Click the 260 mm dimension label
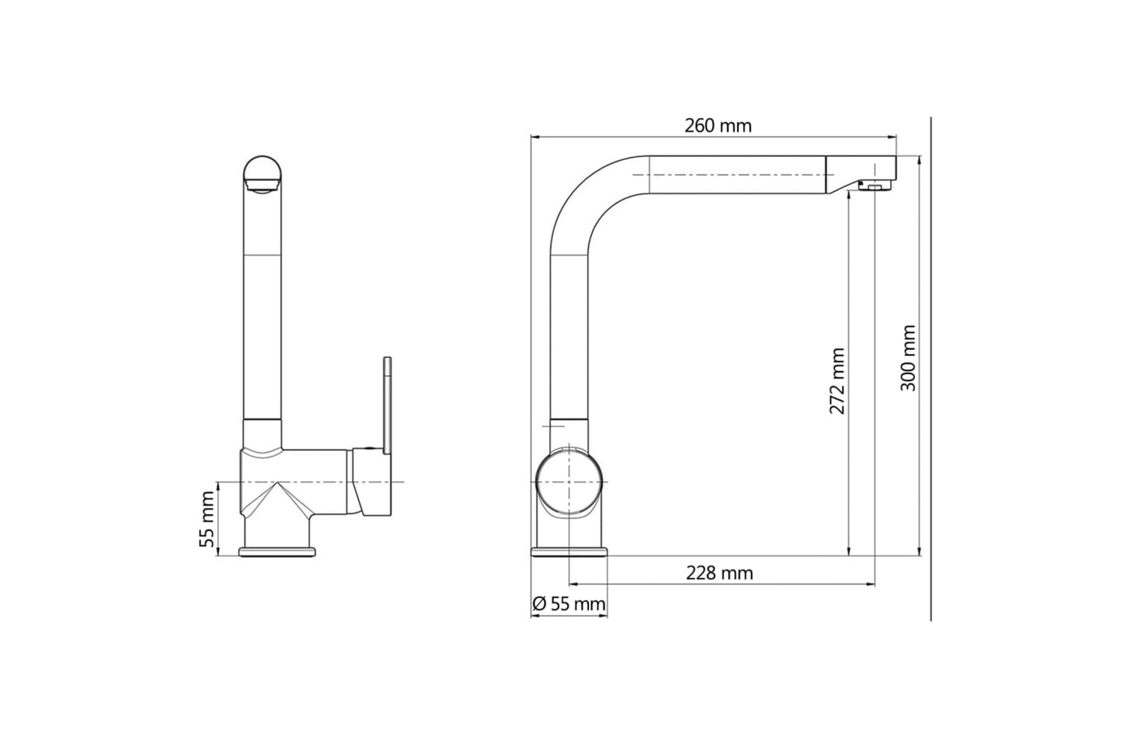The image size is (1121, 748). click(x=717, y=126)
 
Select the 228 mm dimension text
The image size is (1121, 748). click(x=719, y=573)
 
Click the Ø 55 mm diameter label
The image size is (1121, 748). click(x=569, y=604)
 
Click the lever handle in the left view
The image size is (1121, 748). click(x=387, y=404)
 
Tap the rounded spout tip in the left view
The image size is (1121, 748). click(x=262, y=174)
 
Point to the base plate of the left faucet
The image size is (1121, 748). click(x=277, y=552)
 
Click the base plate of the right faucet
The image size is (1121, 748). click(x=569, y=552)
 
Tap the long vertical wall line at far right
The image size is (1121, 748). click(x=930, y=374)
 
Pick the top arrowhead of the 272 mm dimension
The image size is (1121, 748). click(x=850, y=199)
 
